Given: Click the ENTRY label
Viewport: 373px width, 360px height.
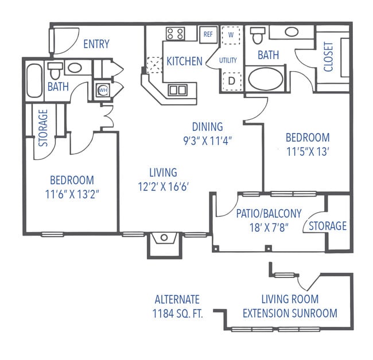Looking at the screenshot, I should pyautogui.click(x=96, y=44).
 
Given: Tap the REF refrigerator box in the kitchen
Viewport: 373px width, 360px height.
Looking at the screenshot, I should pyautogui.click(x=208, y=34).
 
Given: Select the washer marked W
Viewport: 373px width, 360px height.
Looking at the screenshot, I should pyautogui.click(x=231, y=34).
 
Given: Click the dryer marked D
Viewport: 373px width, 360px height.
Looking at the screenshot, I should pyautogui.click(x=231, y=81).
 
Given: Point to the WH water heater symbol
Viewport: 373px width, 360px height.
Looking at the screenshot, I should pyautogui.click(x=103, y=91).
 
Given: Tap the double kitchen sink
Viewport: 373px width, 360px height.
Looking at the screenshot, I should pyautogui.click(x=177, y=89).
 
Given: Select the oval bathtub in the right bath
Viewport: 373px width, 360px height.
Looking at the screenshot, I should pyautogui.click(x=265, y=79).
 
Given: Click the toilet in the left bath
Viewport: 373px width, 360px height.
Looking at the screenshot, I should pyautogui.click(x=55, y=71).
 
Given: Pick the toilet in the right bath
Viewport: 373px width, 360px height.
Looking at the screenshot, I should pyautogui.click(x=257, y=36).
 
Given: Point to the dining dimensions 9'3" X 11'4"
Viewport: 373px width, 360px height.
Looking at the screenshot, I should pyautogui.click(x=207, y=139).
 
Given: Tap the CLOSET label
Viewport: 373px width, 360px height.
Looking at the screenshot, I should pyautogui.click(x=329, y=57).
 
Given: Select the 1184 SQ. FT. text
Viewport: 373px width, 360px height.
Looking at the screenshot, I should pyautogui.click(x=177, y=313).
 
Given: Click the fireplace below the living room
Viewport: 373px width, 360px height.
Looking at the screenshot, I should pyautogui.click(x=164, y=238).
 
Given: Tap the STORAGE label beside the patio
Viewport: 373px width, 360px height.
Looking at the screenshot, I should pyautogui.click(x=328, y=226).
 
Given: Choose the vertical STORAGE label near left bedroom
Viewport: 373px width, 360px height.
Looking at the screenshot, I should pyautogui.click(x=43, y=127).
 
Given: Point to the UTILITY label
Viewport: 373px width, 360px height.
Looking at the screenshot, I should pyautogui.click(x=228, y=60).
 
